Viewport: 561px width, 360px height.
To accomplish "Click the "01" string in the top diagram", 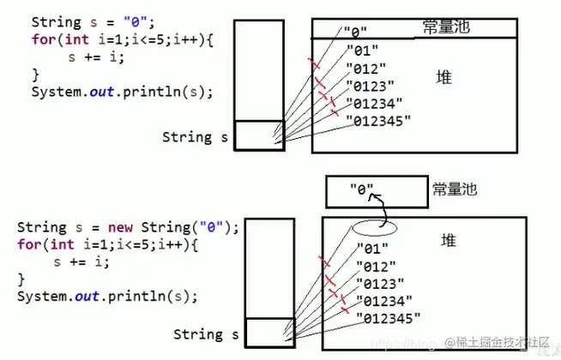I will tap(360, 50).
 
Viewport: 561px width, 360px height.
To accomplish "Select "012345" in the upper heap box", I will tap(377, 120).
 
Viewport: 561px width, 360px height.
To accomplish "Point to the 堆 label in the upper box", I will tap(443, 78).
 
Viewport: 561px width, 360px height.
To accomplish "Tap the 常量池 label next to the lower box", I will tap(455, 189).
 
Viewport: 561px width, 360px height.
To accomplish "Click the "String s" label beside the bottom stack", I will tap(206, 333).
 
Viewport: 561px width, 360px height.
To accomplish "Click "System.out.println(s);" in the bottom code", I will tap(107, 297).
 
